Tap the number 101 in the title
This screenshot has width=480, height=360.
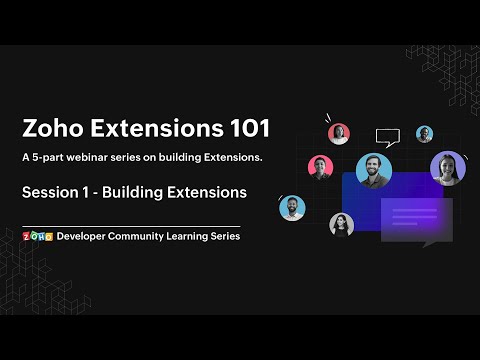[243, 129]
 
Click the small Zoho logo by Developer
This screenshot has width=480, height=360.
[36, 237]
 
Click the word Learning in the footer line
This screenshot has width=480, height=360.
[199, 237]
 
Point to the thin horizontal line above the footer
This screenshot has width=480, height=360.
[130, 226]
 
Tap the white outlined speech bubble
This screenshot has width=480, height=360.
[387, 137]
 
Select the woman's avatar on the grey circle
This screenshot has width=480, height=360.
[341, 224]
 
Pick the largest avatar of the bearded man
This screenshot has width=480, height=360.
[372, 169]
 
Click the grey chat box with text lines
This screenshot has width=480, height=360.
[416, 220]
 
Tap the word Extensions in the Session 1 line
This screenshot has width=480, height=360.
[210, 190]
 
